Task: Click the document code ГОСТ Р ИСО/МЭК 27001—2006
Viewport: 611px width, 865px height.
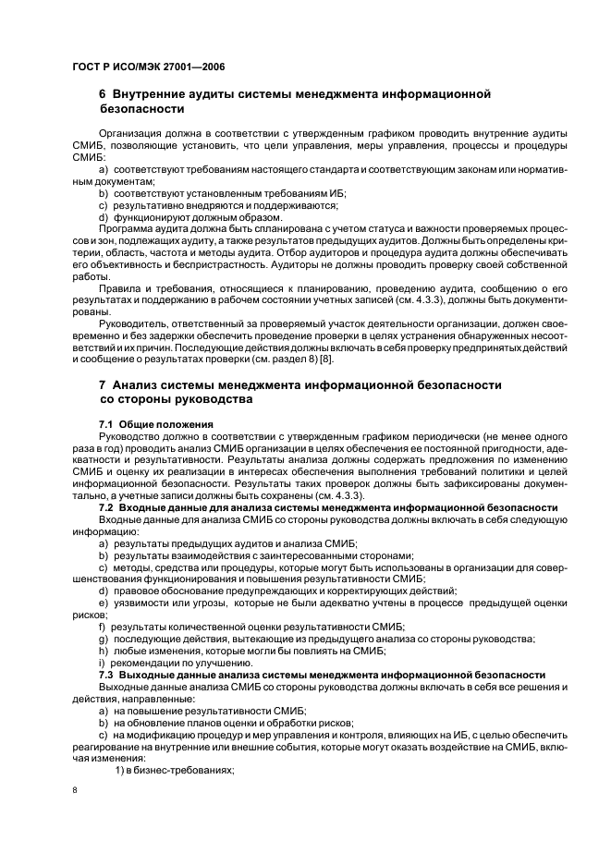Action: tap(149, 67)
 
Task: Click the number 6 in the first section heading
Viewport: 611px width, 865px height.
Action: tap(103, 94)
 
